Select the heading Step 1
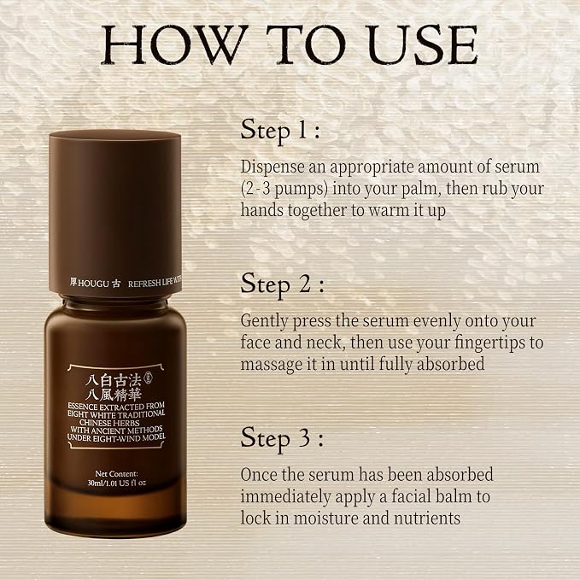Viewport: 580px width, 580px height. pos(280,131)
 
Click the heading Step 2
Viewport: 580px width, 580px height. pos(282,284)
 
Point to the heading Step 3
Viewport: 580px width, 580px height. pos(282,438)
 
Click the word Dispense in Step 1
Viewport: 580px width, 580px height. pos(272,167)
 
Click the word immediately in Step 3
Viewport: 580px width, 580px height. pos(285,497)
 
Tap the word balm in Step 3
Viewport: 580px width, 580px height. pos(454,496)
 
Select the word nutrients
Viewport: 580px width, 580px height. pos(427,518)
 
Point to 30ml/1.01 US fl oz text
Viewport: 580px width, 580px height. pos(117,483)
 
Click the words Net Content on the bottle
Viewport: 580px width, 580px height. pos(116,474)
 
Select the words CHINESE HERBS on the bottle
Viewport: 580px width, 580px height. pos(109,423)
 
